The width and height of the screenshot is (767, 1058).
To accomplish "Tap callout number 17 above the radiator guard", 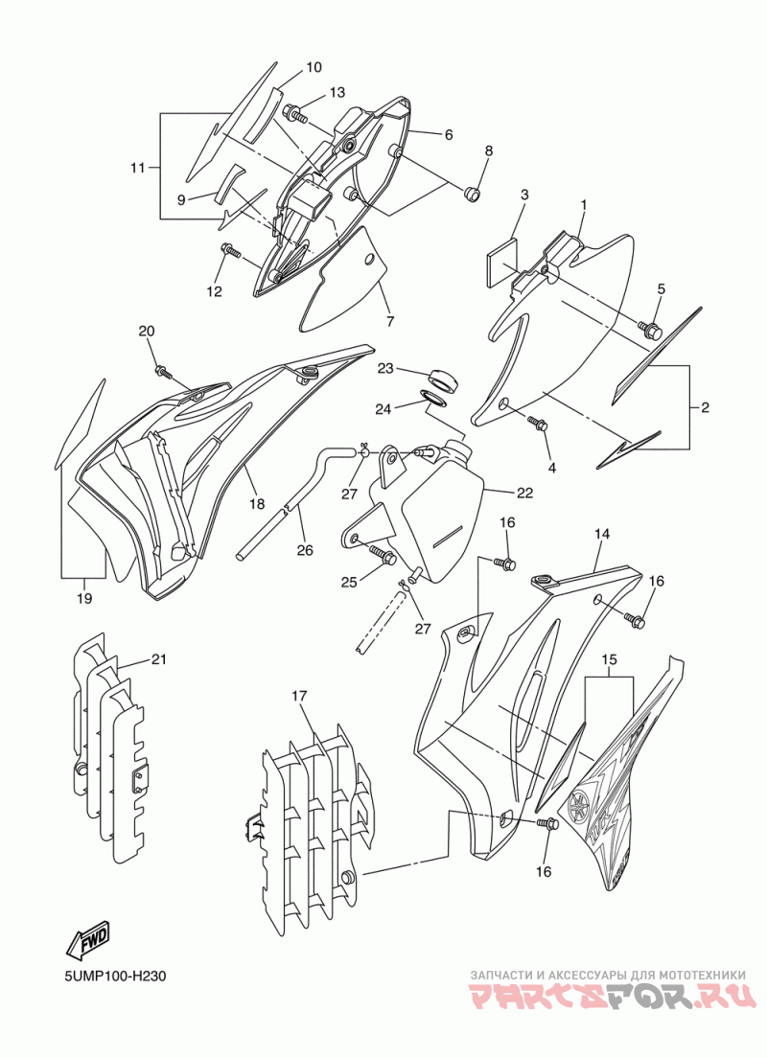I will [299, 696].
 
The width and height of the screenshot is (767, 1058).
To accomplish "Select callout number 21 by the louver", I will [158, 659].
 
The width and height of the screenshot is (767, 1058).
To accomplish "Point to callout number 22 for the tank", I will [523, 493].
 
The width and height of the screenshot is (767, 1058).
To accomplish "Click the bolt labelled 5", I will [653, 332].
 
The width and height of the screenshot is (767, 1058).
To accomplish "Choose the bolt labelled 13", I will [295, 116].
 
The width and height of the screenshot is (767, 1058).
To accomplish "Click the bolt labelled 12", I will [230, 251].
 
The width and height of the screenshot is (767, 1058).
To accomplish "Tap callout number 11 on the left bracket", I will [138, 169].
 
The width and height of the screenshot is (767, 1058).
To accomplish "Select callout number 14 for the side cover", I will [602, 535].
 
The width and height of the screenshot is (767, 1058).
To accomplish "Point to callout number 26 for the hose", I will [304, 550].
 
